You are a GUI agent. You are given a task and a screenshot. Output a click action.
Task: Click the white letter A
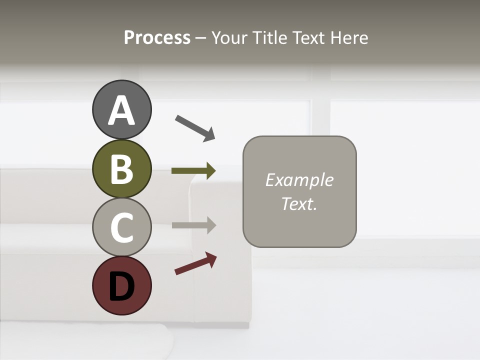122,110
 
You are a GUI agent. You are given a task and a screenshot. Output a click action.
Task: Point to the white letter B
121,169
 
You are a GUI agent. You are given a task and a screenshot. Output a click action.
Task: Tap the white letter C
122,227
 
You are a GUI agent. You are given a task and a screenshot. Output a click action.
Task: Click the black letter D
121,286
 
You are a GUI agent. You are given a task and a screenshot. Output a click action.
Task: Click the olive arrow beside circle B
193,170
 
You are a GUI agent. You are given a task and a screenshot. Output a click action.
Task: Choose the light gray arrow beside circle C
193,225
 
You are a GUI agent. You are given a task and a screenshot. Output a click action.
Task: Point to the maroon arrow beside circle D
195,263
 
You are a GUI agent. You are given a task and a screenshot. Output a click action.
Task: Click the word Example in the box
299,180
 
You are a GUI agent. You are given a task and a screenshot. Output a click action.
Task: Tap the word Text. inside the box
299,203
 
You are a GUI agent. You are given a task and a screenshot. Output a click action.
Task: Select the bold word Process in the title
157,37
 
